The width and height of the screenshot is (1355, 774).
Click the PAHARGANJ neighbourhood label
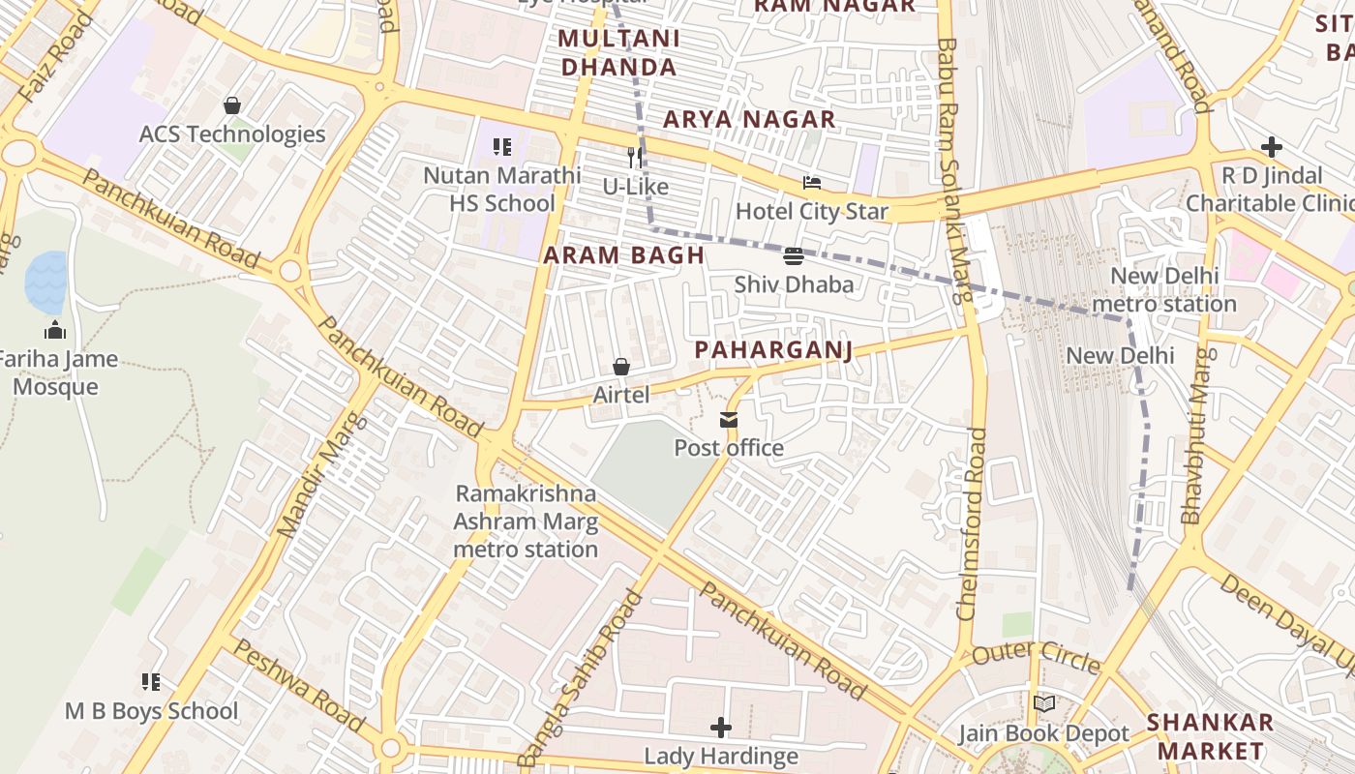pyautogui.click(x=774, y=350)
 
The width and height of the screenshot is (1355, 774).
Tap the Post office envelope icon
pyautogui.click(x=728, y=420)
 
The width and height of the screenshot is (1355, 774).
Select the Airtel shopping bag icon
pyautogui.click(x=621, y=368)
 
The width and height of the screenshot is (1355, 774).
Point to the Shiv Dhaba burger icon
pyautogui.click(x=794, y=256)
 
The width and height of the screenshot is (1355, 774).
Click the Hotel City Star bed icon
pyautogui.click(x=812, y=183)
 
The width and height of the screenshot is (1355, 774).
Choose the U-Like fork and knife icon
pyautogui.click(x=635, y=158)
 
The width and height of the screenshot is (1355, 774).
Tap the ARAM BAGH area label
pyautogui.click(x=623, y=255)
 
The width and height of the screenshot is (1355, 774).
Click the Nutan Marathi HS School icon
pyautogui.click(x=501, y=147)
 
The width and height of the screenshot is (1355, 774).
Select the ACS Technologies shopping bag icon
pyautogui.click(x=231, y=105)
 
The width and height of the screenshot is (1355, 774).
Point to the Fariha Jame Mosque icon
pyautogui.click(x=55, y=331)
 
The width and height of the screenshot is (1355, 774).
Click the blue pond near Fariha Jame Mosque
pyautogui.click(x=45, y=282)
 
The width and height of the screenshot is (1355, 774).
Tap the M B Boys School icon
pyautogui.click(x=150, y=682)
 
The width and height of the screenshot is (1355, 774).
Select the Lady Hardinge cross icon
pyautogui.click(x=721, y=728)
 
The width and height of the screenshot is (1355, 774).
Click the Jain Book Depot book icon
pyautogui.click(x=1043, y=704)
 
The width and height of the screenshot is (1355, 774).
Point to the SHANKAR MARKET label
pyautogui.click(x=1210, y=736)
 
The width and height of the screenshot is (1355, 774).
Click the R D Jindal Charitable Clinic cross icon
pyautogui.click(x=1272, y=147)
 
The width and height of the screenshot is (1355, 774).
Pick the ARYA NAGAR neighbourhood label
pyautogui.click(x=749, y=119)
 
